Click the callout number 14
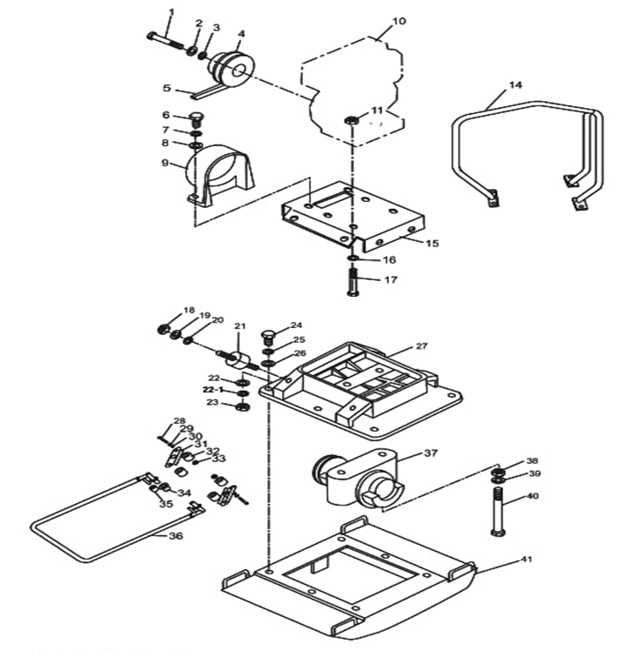click(x=515, y=85)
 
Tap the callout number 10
click(x=399, y=21)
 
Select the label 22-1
click(x=213, y=390)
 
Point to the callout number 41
click(x=526, y=560)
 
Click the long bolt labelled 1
click(x=166, y=40)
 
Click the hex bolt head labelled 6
click(x=195, y=119)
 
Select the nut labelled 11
click(x=352, y=121)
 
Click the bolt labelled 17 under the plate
click(x=352, y=282)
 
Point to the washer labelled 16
click(x=352, y=259)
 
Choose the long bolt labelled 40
click(x=496, y=512)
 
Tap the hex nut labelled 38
click(x=499, y=472)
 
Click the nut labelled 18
click(x=163, y=329)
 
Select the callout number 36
click(x=176, y=536)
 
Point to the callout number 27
click(x=421, y=346)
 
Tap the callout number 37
click(x=431, y=453)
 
